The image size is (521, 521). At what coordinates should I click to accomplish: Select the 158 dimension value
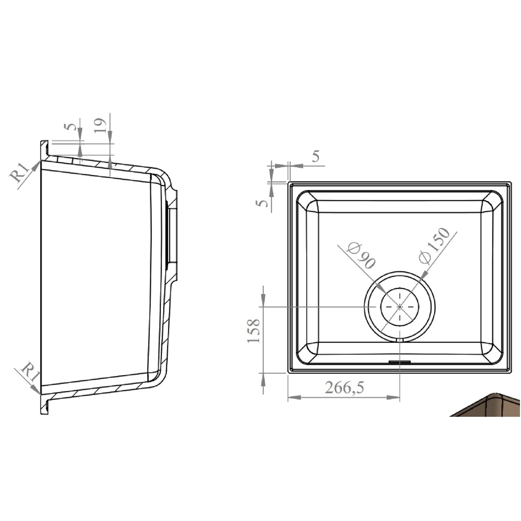[x=254, y=331]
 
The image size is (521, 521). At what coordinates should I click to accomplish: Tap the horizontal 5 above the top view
[x=315, y=157]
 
